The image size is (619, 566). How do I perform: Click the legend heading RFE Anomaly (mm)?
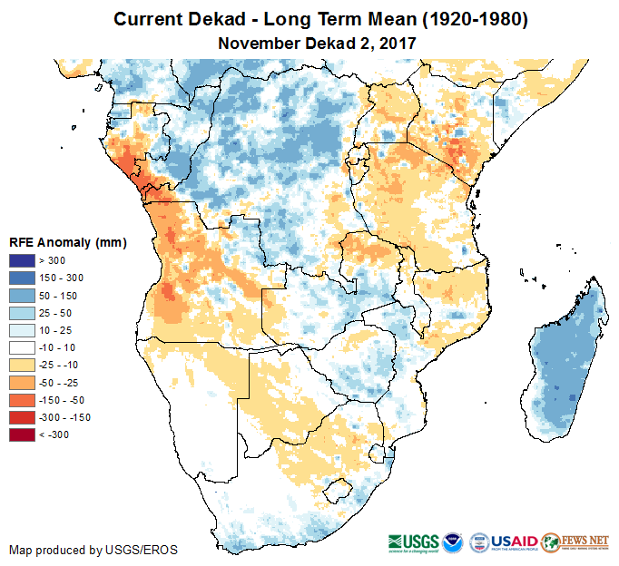pos(67,242)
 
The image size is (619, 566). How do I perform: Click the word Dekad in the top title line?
pos(215,19)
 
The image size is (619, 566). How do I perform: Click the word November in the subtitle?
pos(257,43)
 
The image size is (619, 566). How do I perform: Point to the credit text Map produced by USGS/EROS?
pos(93,551)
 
